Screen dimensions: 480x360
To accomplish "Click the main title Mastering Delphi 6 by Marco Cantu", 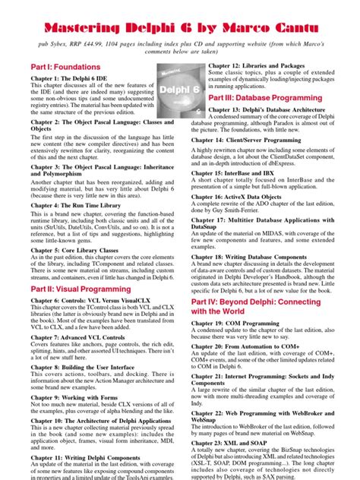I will pyautogui.click(x=180, y=28).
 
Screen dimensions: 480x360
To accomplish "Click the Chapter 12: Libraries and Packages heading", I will pyautogui.click(x=265, y=67).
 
